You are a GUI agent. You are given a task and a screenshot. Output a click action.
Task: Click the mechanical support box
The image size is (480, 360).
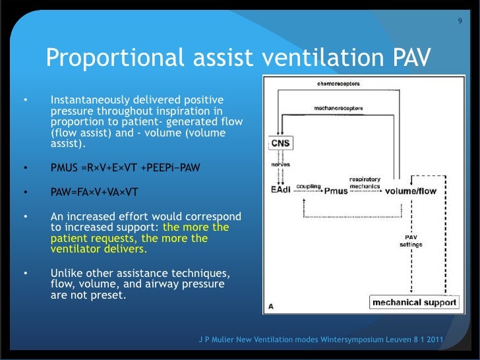pyautogui.click(x=413, y=303)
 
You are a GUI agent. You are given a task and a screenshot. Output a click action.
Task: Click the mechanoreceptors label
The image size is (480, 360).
pyautogui.click(x=336, y=108)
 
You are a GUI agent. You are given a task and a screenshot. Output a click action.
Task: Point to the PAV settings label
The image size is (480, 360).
pyautogui.click(x=411, y=241)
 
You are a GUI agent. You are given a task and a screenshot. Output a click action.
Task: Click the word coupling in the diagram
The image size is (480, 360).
pyautogui.click(x=308, y=187)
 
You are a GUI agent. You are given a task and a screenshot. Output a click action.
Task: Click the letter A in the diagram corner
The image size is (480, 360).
pyautogui.click(x=271, y=306)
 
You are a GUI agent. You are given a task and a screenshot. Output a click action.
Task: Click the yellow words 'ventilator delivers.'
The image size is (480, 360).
pyautogui.click(x=99, y=250)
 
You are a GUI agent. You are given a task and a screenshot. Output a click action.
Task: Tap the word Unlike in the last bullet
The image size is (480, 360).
pyautogui.click(x=67, y=274)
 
